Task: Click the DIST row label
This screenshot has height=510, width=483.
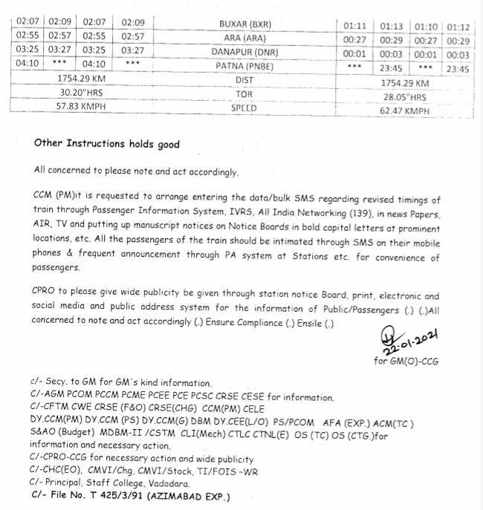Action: (x=244, y=79)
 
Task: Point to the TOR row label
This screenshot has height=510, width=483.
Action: (x=244, y=94)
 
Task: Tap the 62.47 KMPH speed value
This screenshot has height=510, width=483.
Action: (x=405, y=111)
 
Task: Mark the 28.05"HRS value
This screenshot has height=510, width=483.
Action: (x=405, y=97)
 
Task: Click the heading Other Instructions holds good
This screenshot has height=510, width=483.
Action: (x=106, y=144)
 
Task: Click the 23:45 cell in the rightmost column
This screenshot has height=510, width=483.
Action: (x=458, y=68)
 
